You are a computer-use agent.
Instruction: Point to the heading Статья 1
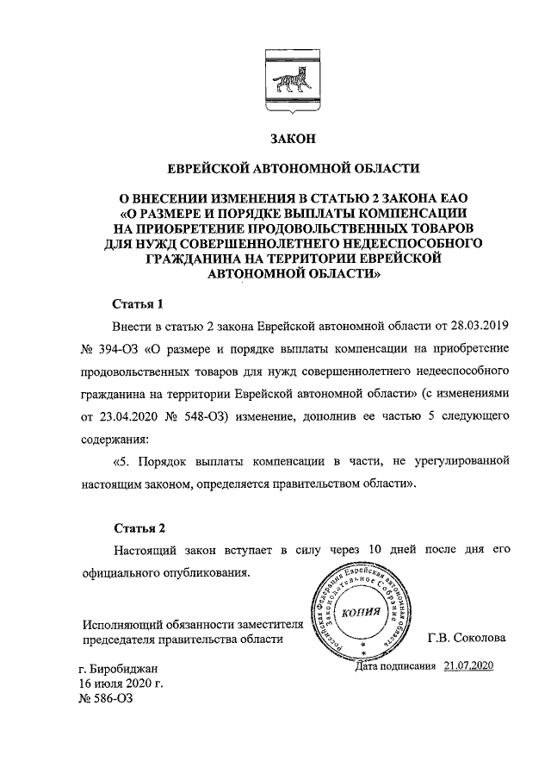[137, 304]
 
